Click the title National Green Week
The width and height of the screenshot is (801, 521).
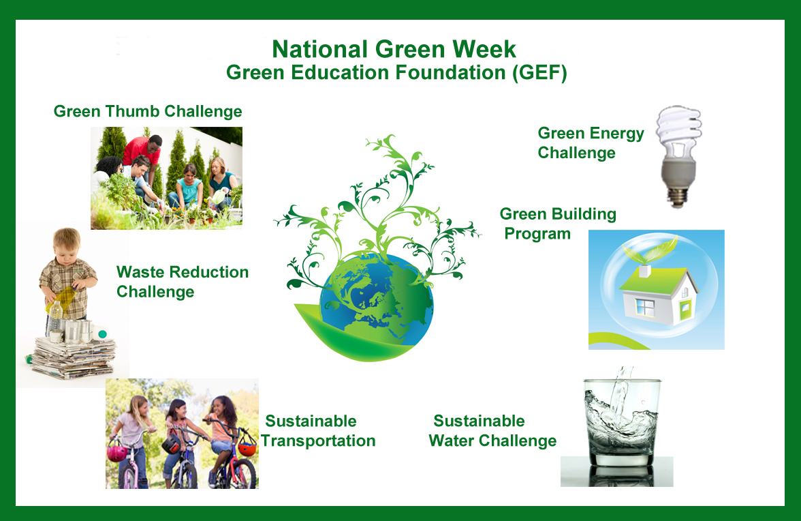point(394,49)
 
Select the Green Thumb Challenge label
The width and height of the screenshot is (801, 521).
point(148,111)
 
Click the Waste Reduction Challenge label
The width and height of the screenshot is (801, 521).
point(183,282)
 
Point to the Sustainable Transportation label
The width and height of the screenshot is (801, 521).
point(317,431)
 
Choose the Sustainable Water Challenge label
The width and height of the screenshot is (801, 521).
point(492,431)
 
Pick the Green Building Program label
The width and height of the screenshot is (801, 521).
point(557,224)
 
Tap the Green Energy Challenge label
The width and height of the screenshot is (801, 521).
point(591,143)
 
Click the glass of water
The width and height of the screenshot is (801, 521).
point(621,422)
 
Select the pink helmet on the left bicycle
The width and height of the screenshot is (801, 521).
point(117,452)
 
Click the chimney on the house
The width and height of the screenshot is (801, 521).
point(644,271)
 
